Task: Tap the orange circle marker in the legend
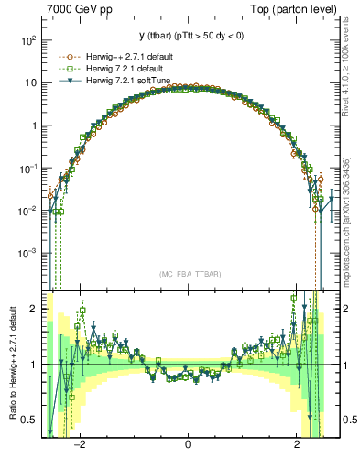(60, 56)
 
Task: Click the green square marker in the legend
(60, 69)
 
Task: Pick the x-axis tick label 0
(188, 444)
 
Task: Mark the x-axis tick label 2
(297, 444)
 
